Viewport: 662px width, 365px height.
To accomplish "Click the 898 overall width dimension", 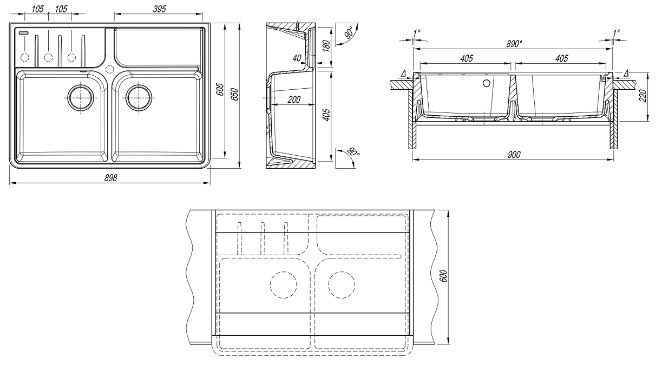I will (110, 178).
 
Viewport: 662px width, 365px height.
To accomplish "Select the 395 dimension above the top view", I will (159, 10).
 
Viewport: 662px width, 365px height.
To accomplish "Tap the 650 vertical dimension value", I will (234, 94).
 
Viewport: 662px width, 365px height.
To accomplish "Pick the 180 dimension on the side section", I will (326, 45).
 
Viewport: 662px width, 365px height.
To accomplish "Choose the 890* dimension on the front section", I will (514, 43).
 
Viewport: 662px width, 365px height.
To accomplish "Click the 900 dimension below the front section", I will (514, 155).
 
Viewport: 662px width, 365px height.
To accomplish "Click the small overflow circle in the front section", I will (486, 83).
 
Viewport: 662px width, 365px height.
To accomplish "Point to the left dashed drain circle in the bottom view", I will (283, 283).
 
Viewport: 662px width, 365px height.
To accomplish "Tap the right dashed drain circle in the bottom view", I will (342, 283).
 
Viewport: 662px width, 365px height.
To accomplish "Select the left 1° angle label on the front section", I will (416, 33).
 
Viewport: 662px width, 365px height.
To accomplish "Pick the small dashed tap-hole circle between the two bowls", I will (109, 69).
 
